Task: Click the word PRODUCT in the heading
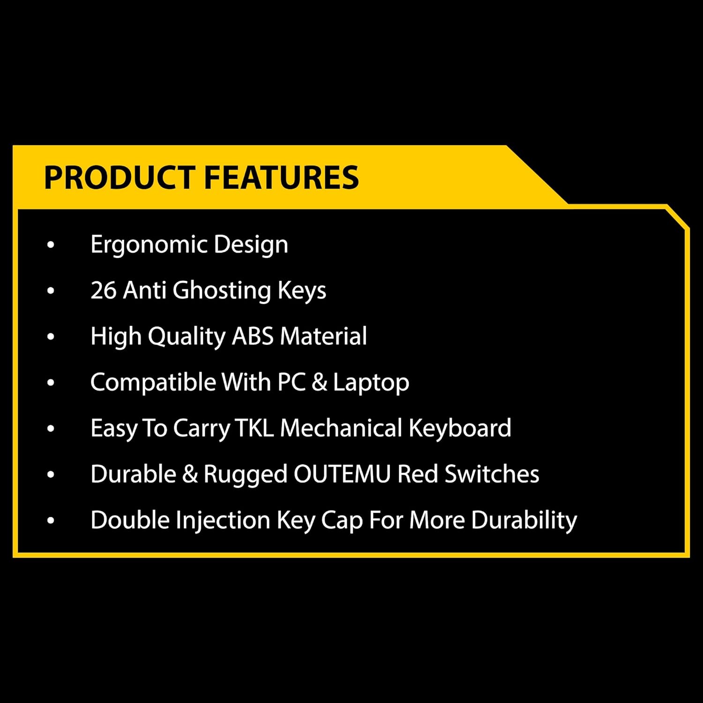tap(120, 177)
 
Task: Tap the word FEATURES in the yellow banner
tap(281, 177)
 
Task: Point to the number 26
tap(103, 290)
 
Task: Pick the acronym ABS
tap(253, 336)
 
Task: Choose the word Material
tap(323, 336)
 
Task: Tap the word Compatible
tap(153, 382)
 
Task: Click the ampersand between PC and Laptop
tap(319, 382)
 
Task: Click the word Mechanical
tap(341, 428)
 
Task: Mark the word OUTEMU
tap(342, 474)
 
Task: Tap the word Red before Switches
tap(418, 474)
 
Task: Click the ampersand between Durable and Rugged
tap(190, 474)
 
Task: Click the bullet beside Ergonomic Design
tap(51, 245)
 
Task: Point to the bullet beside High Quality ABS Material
tap(51, 337)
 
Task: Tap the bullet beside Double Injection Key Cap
tap(51, 520)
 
